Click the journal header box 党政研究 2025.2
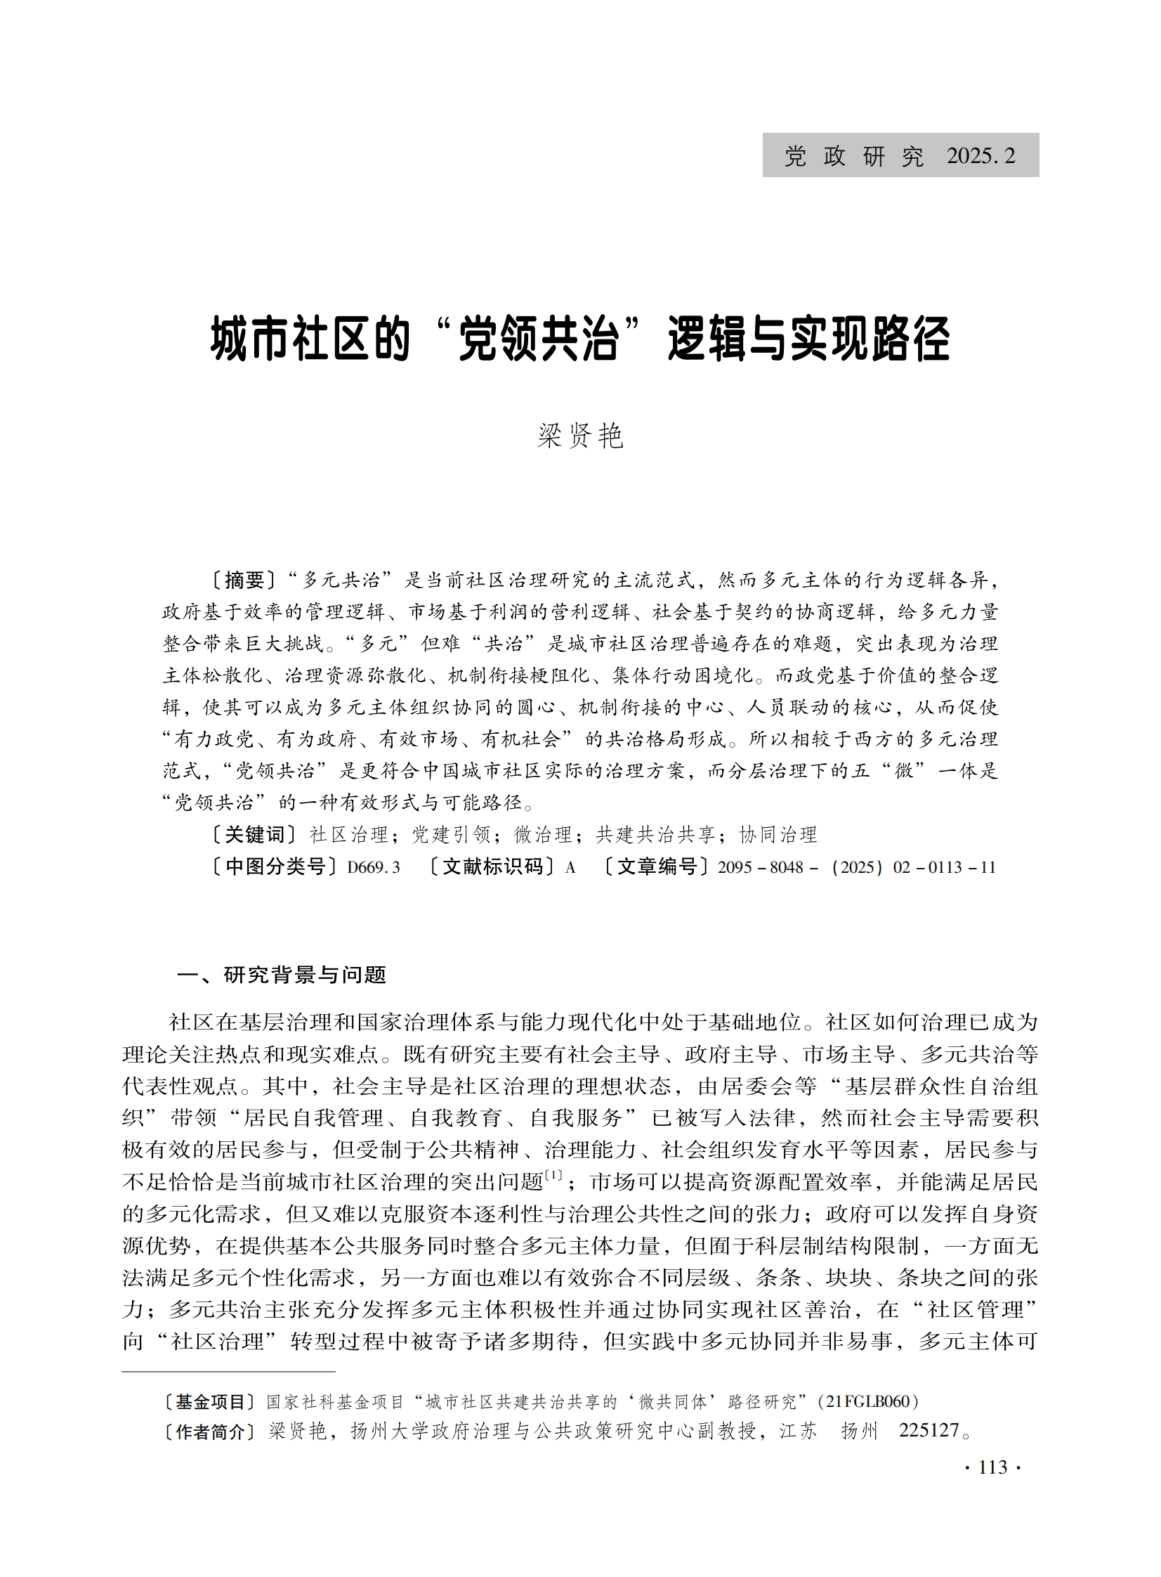click(900, 155)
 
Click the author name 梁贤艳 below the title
click(580, 436)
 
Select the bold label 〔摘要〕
click(244, 580)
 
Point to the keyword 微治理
click(543, 835)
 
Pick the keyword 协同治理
click(778, 835)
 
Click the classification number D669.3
click(373, 867)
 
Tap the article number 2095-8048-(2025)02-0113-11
click(856, 867)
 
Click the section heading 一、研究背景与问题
click(282, 975)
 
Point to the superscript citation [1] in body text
click(553, 1175)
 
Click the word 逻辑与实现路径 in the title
click(808, 339)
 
